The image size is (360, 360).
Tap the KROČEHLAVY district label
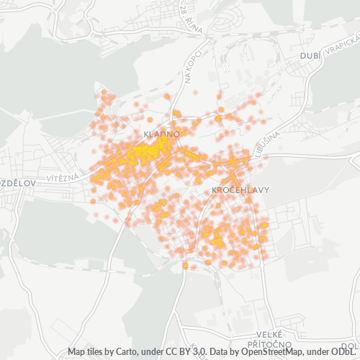tap(241, 190)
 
